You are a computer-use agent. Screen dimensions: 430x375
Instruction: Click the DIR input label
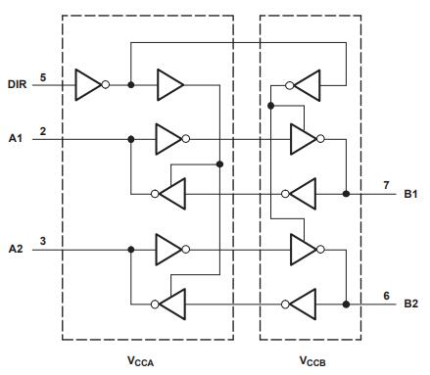[x=17, y=84]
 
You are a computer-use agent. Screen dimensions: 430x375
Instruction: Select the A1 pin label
[x=16, y=138]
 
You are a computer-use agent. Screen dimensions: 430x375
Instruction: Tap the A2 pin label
[x=16, y=249]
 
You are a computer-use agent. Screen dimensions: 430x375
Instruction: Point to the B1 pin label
[x=410, y=194]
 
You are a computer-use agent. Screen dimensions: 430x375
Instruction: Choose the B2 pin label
[x=410, y=304]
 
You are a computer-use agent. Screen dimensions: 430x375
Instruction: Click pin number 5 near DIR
[x=43, y=77]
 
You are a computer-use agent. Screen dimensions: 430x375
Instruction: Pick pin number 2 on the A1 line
[x=43, y=131]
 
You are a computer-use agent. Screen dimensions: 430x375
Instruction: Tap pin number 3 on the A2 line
[x=43, y=241]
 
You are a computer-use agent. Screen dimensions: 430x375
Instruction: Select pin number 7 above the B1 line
[x=386, y=185]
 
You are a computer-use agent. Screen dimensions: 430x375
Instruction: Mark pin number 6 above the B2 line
[x=386, y=296]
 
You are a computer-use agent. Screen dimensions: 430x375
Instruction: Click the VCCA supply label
[x=140, y=361]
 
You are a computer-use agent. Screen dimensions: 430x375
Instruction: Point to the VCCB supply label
[x=312, y=361]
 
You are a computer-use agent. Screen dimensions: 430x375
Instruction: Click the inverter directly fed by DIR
[x=92, y=85]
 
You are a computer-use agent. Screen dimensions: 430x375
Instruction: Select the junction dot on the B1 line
[x=346, y=194]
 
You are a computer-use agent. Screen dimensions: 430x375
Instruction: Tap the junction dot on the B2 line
[x=346, y=305]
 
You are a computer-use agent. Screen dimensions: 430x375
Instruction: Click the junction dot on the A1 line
[x=131, y=139]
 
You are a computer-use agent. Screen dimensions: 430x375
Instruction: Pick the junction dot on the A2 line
[x=131, y=250]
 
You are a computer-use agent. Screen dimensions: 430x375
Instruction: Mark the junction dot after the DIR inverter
[x=131, y=85]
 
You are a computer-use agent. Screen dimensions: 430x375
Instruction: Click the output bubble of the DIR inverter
[x=106, y=85]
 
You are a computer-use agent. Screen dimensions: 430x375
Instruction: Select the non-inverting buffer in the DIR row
[x=170, y=85]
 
